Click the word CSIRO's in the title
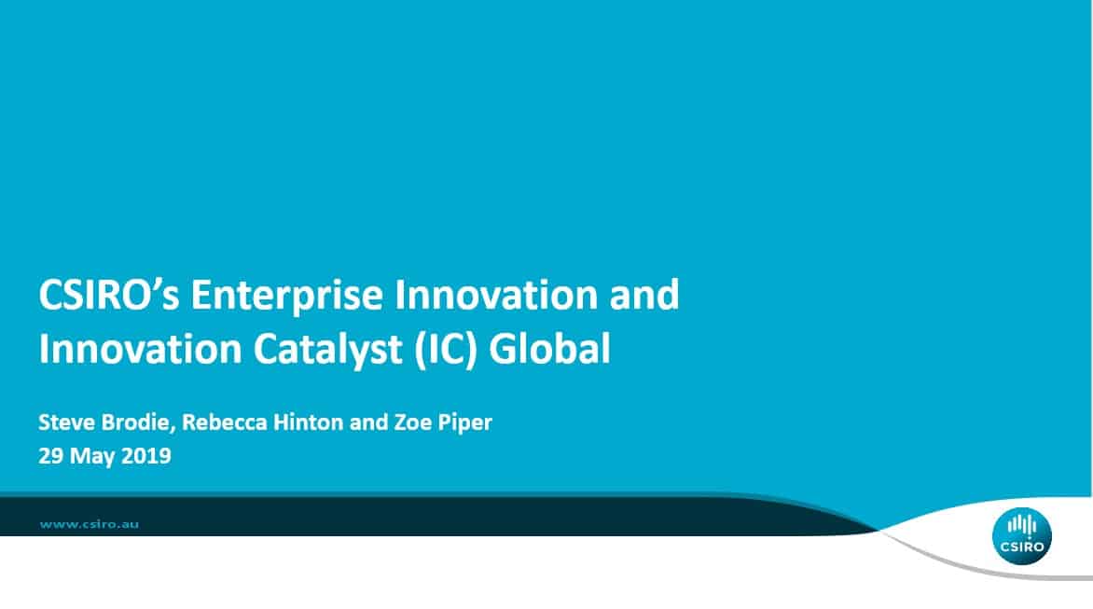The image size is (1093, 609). pyautogui.click(x=109, y=294)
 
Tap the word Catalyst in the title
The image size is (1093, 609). pyautogui.click(x=327, y=350)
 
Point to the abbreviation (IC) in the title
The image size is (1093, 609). pyautogui.click(x=446, y=349)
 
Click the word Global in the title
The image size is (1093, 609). pyautogui.click(x=550, y=349)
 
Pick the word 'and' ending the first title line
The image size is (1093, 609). pyautogui.click(x=644, y=294)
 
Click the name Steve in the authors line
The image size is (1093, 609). pyautogui.click(x=67, y=422)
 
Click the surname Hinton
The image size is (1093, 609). pyautogui.click(x=308, y=422)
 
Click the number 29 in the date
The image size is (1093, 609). pyautogui.click(x=51, y=456)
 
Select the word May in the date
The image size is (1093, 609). pyautogui.click(x=92, y=457)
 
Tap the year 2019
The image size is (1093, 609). pyautogui.click(x=146, y=456)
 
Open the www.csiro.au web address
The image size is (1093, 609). pyautogui.click(x=90, y=524)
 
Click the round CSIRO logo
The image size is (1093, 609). pyautogui.click(x=1022, y=535)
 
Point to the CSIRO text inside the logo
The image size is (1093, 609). pyautogui.click(x=1022, y=547)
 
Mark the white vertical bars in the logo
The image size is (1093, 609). pyautogui.click(x=1022, y=525)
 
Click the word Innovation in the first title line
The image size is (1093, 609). pyautogui.click(x=495, y=294)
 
